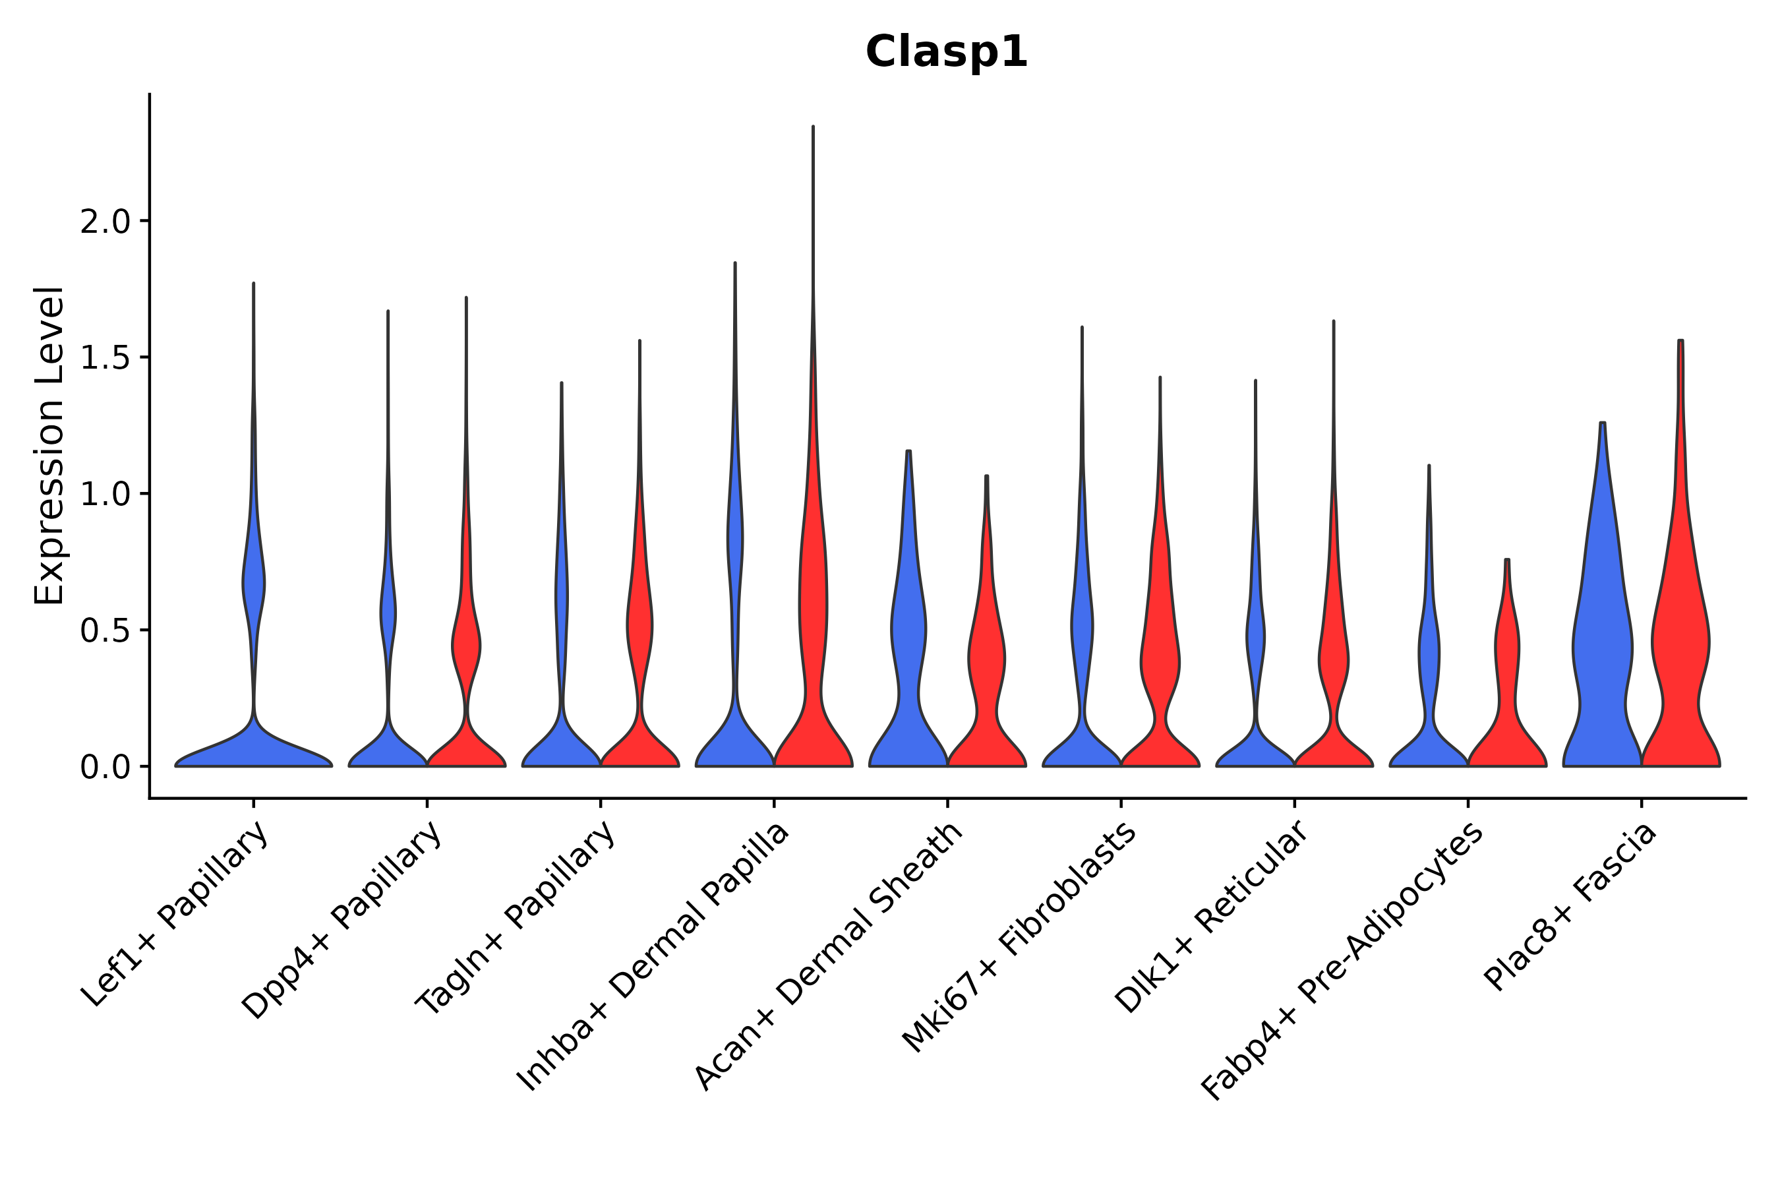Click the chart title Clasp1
[946, 52]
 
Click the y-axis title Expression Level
[49, 445]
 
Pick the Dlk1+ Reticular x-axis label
[1212, 917]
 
